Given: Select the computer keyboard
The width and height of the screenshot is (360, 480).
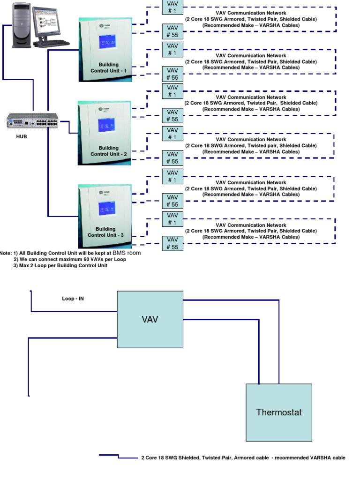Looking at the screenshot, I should tap(52, 44).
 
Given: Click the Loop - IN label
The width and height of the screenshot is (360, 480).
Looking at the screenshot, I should tap(73, 298).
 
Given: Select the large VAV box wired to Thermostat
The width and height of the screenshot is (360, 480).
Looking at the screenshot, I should tap(150, 319).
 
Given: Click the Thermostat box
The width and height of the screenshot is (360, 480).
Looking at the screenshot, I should tap(279, 412).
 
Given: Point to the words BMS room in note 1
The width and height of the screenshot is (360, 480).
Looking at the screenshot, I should tap(127, 253).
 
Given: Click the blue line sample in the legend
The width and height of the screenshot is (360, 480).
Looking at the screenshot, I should tap(109, 455).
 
